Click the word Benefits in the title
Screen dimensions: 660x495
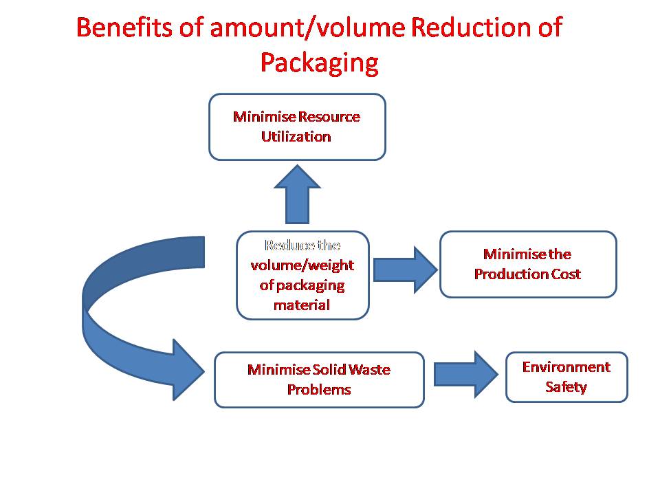[x=124, y=27]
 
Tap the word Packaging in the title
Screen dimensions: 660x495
[x=320, y=63]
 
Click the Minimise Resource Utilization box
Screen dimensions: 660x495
[x=297, y=126]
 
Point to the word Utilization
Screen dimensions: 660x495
[x=296, y=136]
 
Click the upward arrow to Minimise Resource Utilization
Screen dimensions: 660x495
[x=297, y=194]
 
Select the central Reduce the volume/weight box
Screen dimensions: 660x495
[x=302, y=275]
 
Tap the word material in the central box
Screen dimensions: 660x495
[x=302, y=305]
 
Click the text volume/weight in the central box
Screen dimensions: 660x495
[x=302, y=265]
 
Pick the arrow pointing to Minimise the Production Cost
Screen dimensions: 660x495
[x=406, y=269]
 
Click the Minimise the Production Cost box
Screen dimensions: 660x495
[x=528, y=264]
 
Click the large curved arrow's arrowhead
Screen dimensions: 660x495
[x=188, y=370]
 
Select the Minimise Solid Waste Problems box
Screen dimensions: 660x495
[x=319, y=379]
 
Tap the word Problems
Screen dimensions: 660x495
[x=319, y=390]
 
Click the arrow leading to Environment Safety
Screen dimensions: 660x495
[x=466, y=374]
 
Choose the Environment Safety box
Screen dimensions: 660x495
[x=566, y=377]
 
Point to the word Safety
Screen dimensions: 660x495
[x=566, y=387]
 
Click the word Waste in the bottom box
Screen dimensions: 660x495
[x=369, y=370]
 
